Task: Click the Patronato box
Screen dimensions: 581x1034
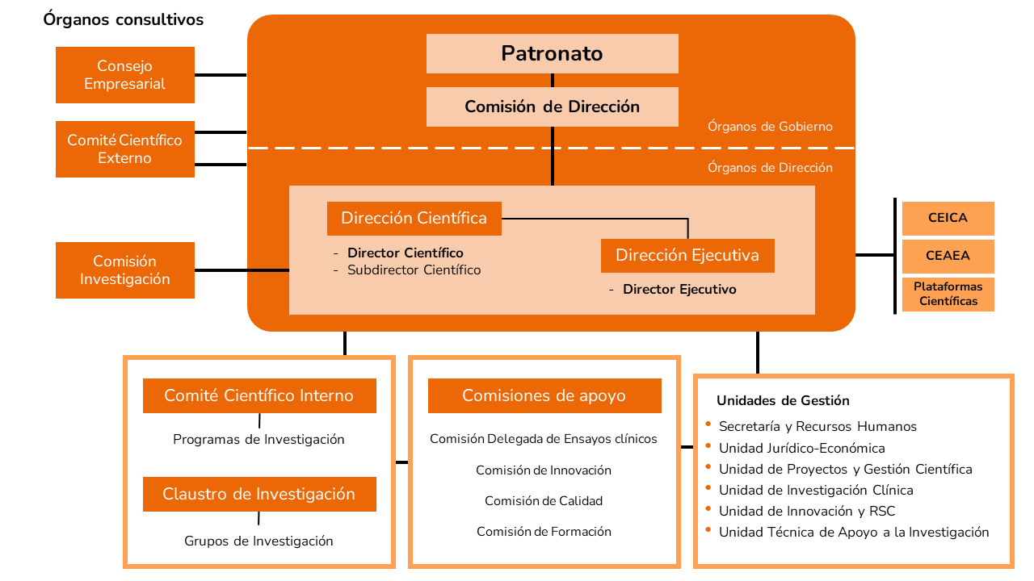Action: tap(553, 54)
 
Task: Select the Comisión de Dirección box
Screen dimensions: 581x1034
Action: tap(553, 107)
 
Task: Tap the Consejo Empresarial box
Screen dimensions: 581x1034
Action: tap(125, 75)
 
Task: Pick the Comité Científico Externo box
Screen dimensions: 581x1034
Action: tap(125, 149)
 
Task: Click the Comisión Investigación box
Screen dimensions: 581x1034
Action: tap(125, 270)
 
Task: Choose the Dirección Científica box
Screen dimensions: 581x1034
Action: tap(414, 218)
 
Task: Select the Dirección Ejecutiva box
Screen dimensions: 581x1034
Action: tap(687, 256)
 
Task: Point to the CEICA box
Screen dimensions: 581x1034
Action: tap(948, 218)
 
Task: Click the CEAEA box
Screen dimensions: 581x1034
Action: tap(948, 256)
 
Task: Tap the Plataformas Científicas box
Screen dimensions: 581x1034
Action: tap(948, 294)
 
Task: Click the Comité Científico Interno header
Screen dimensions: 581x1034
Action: tap(259, 396)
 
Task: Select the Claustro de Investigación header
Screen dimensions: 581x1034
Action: tap(259, 494)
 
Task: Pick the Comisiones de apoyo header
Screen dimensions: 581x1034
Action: tap(544, 396)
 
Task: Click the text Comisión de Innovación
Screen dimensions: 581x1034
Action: tap(544, 470)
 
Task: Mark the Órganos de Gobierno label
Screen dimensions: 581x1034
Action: tap(770, 127)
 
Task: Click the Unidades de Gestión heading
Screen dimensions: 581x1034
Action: tap(783, 401)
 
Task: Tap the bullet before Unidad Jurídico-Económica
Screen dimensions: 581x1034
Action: tap(708, 446)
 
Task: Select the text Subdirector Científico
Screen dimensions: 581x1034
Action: tap(414, 270)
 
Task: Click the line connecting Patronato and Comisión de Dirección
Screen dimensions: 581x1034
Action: tap(553, 81)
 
